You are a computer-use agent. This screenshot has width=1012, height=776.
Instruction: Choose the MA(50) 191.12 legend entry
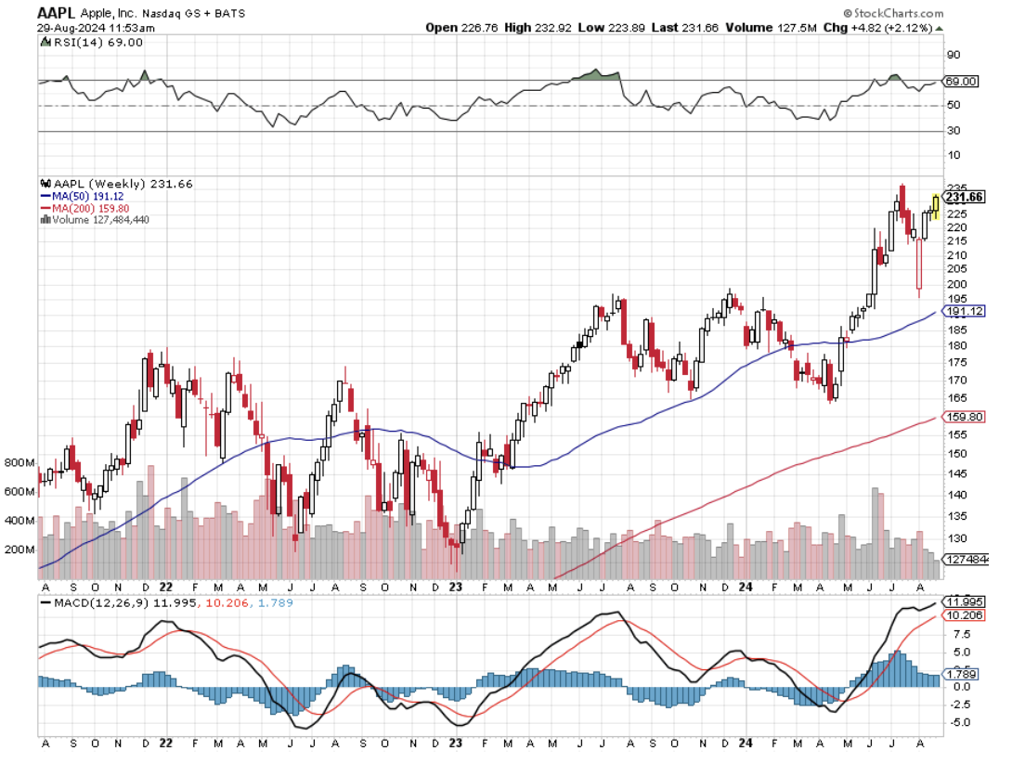coord(91,197)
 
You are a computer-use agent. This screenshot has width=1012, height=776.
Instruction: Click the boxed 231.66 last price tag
coord(963,197)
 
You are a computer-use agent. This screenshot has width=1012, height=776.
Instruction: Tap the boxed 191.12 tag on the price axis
coord(963,311)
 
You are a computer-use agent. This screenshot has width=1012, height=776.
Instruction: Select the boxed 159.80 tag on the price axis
coord(963,417)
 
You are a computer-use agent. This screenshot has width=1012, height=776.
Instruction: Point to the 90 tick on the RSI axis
coord(953,56)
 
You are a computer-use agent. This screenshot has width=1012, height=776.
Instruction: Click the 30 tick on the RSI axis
coord(953,132)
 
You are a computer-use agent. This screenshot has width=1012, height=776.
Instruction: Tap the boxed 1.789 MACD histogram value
coord(960,674)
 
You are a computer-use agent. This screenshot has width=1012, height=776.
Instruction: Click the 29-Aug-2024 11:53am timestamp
coord(97,28)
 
